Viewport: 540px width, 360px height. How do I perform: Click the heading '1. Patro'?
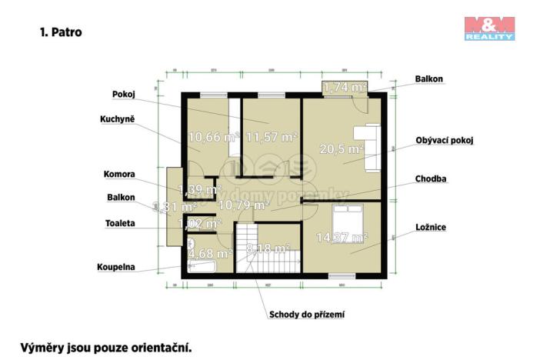point(60,33)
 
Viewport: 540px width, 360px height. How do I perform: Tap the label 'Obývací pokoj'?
point(444,141)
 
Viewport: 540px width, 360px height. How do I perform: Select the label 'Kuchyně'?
point(118,119)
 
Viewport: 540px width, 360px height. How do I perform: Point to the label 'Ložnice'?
point(431,227)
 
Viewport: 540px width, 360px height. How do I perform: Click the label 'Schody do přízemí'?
point(306,314)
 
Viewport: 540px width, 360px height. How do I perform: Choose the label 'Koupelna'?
point(116,267)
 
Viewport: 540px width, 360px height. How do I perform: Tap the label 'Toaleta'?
point(120,223)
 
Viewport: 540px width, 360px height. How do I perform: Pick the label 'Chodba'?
point(431,178)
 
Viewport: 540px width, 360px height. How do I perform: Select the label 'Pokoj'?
point(123,94)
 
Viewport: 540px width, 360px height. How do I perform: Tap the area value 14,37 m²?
point(342,238)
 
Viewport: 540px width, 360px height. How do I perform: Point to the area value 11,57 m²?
point(272,138)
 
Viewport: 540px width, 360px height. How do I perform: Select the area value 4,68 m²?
point(210,252)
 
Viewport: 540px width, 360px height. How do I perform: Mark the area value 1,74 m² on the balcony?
point(344,87)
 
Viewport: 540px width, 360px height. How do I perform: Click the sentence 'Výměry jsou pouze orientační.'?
point(105,347)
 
